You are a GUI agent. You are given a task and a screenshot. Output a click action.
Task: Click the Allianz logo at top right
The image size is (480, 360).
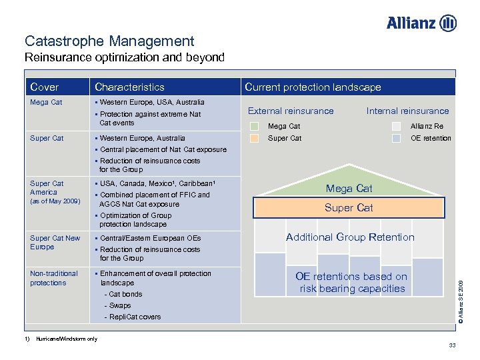(421, 23)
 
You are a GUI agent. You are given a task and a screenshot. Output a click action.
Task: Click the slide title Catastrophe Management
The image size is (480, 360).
(109, 41)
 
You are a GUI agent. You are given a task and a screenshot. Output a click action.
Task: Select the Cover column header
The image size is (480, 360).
(45, 87)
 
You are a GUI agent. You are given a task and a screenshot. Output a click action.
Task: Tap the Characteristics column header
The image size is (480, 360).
(129, 87)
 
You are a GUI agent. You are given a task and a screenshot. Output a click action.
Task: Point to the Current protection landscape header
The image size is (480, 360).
(313, 87)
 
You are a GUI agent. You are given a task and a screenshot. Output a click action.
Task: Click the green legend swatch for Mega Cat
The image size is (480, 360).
(254, 126)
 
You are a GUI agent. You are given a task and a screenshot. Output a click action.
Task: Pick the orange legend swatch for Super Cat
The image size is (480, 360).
(254, 139)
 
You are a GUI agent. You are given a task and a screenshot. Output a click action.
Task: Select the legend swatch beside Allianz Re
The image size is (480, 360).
(397, 126)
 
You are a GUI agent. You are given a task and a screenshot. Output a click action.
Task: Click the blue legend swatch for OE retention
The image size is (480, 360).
(397, 139)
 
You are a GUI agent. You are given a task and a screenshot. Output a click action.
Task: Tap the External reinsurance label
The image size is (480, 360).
(291, 111)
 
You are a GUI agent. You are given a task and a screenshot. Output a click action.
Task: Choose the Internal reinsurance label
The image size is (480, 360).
(407, 111)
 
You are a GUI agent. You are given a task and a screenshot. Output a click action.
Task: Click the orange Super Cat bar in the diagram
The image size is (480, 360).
(349, 208)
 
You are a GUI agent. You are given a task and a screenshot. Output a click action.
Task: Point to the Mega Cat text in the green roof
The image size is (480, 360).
(349, 189)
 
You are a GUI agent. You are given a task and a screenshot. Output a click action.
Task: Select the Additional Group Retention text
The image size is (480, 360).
(350, 237)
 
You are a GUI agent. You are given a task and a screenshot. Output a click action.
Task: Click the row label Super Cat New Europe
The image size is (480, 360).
(55, 242)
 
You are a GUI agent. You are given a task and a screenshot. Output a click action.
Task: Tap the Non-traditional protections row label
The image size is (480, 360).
(54, 278)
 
